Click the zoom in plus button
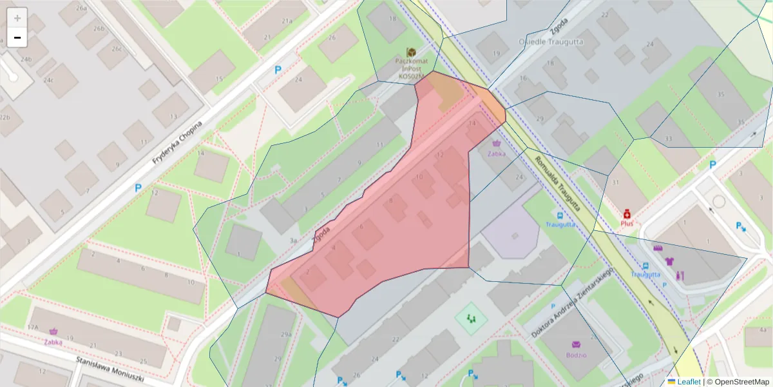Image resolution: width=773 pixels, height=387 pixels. (17, 18)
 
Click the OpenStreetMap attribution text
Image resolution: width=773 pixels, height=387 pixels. (738, 381)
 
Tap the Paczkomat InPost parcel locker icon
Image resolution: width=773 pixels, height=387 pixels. (411, 52)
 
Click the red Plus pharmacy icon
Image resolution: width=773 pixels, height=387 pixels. (626, 213)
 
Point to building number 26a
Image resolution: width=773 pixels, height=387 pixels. (81, 8)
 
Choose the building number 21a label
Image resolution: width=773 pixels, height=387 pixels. (287, 21)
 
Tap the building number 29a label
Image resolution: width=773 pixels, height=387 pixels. (286, 334)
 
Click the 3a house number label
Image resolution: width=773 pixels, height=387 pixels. (294, 241)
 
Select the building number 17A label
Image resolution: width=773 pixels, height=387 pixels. (33, 328)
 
